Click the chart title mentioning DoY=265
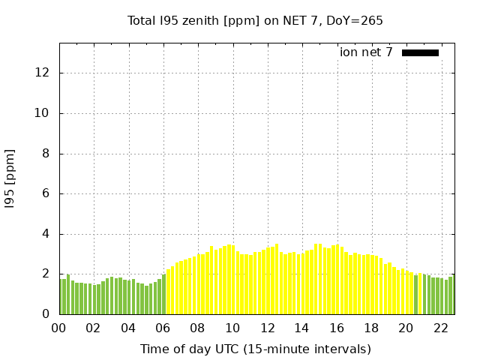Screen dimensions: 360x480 (255, 20)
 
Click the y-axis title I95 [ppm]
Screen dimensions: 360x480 (10, 179)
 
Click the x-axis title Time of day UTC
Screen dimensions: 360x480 (255, 349)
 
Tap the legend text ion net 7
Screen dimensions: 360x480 (366, 52)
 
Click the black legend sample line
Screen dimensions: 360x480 (420, 52)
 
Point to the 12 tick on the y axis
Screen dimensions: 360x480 (43, 73)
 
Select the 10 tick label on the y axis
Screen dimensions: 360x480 (43, 113)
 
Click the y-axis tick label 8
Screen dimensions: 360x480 (46, 154)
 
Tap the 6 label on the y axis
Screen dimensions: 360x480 (46, 193)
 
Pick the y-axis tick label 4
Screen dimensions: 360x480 (46, 234)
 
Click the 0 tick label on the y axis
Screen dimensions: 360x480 (46, 314)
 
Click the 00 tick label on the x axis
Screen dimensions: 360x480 (59, 328)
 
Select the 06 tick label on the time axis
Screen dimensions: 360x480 (163, 328)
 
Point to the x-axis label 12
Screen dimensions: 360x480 (267, 328)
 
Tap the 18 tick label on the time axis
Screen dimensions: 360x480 (371, 328)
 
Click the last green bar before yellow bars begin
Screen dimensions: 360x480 (163, 295)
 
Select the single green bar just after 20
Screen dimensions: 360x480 (415, 295)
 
